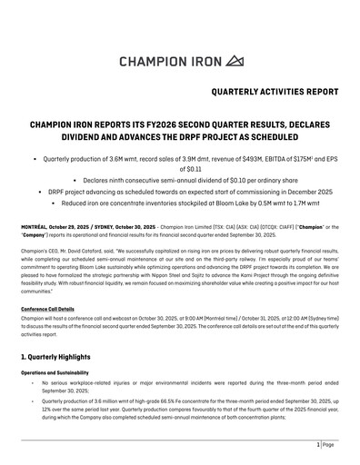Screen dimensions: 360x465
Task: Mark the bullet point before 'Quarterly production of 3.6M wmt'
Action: coord(34,158)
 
